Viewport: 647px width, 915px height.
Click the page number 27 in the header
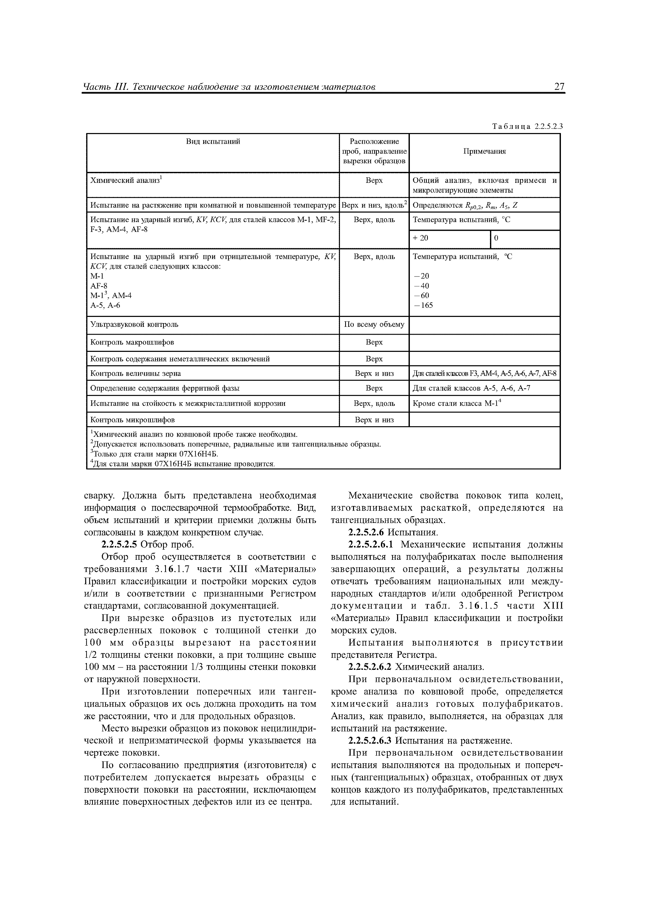click(x=559, y=87)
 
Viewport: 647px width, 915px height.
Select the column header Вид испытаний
click(x=213, y=141)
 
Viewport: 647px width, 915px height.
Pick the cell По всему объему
click(x=374, y=324)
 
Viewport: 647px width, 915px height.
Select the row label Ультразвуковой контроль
click(x=134, y=324)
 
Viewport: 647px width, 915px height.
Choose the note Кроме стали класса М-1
click(x=456, y=403)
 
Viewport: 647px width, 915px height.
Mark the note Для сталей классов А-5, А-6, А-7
click(x=471, y=388)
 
